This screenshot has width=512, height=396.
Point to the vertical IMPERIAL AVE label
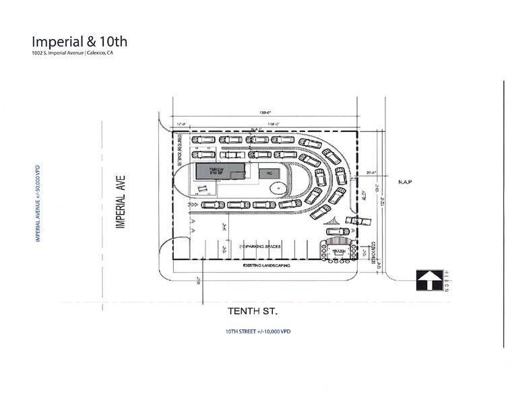point(122,201)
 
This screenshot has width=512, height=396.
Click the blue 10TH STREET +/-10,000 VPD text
point(258,332)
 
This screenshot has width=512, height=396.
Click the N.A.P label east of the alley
point(404,182)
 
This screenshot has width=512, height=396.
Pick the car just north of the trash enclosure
point(338,232)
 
